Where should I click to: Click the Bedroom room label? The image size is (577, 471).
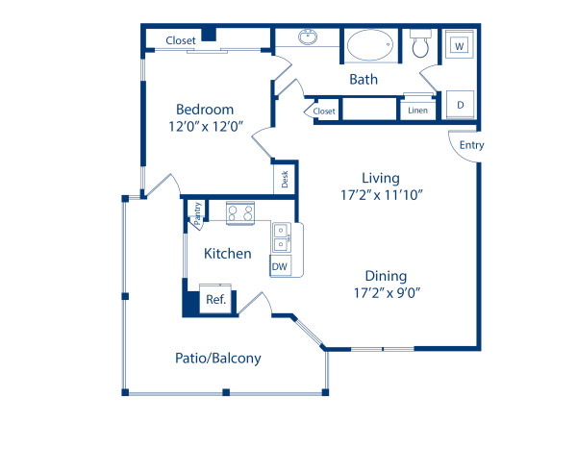203,110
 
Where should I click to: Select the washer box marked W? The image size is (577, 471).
459,45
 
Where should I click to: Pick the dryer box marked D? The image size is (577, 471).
461,104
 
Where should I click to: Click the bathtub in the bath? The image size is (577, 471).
370,45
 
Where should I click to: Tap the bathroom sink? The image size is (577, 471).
307,38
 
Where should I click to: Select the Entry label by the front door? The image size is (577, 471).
471,145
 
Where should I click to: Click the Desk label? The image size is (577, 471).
285,179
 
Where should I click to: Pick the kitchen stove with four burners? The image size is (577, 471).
240,212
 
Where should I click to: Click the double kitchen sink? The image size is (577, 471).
281,236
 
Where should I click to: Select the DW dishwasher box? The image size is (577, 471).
280,266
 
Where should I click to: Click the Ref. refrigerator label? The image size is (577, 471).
215,300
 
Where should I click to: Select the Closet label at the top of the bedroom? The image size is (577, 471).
181,40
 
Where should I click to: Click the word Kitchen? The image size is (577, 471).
228,254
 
